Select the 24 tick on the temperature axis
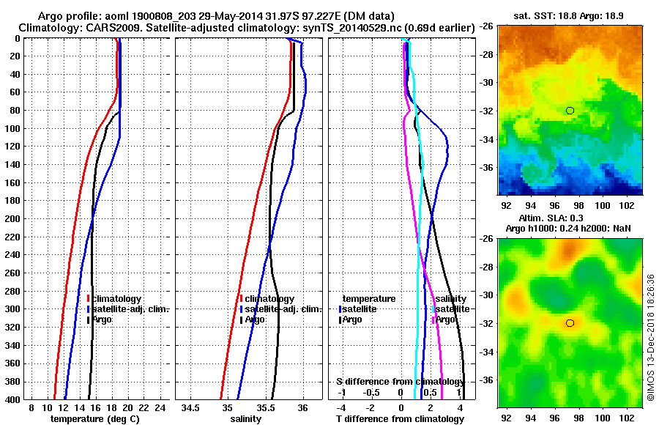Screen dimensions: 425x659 (x=160, y=407)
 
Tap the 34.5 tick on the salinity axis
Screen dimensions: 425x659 (x=192, y=407)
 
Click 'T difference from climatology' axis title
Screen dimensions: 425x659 (x=400, y=418)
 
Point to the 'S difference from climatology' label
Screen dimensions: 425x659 (x=400, y=382)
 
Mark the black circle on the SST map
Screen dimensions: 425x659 (x=570, y=111)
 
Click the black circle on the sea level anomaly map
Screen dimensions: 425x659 (x=570, y=323)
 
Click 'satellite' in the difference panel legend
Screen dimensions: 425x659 (x=363, y=309)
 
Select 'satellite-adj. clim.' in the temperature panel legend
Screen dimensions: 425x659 (x=130, y=309)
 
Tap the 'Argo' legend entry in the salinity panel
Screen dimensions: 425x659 (x=255, y=320)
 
